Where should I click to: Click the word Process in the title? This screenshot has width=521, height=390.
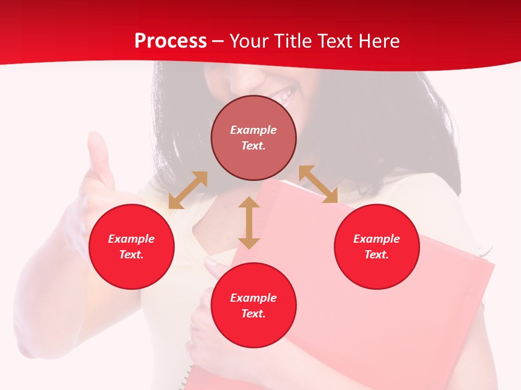170,41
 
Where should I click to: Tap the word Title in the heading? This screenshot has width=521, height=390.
293,41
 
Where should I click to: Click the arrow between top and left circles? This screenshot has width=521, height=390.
188,190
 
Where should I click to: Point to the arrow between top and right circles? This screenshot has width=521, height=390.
318,184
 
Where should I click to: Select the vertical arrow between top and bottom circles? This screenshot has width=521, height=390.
249,223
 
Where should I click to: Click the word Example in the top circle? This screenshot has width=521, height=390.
253,130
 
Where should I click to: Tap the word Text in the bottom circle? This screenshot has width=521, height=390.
253,314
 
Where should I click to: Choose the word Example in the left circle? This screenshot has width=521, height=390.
131,239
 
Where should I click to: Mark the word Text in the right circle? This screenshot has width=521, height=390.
377,255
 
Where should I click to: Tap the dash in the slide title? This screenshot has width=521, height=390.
218,41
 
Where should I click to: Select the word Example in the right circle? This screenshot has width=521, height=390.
377,239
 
